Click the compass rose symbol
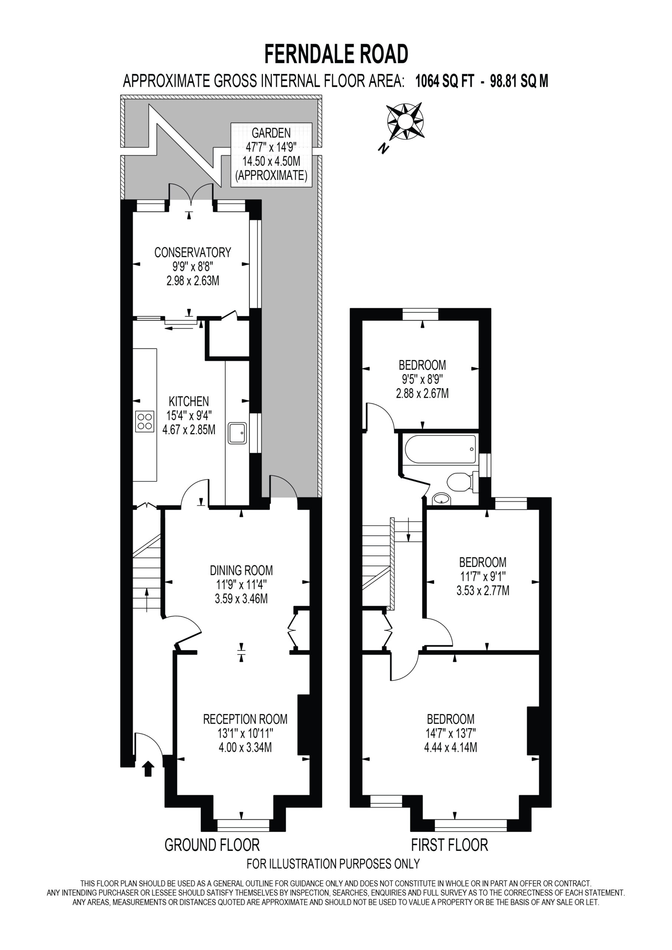[x=405, y=121]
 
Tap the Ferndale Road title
[x=336, y=55]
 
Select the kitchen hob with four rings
[x=144, y=422]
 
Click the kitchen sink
[x=237, y=433]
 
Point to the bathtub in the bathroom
[x=440, y=449]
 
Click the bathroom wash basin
[x=441, y=499]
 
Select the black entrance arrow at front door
[x=148, y=769]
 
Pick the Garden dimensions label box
[x=271, y=155]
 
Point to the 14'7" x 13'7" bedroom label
[x=450, y=733]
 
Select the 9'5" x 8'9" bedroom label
[x=423, y=379]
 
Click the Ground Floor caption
[x=212, y=845]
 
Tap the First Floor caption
[x=450, y=845]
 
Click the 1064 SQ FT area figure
[x=444, y=81]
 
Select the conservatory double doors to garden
[x=191, y=194]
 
